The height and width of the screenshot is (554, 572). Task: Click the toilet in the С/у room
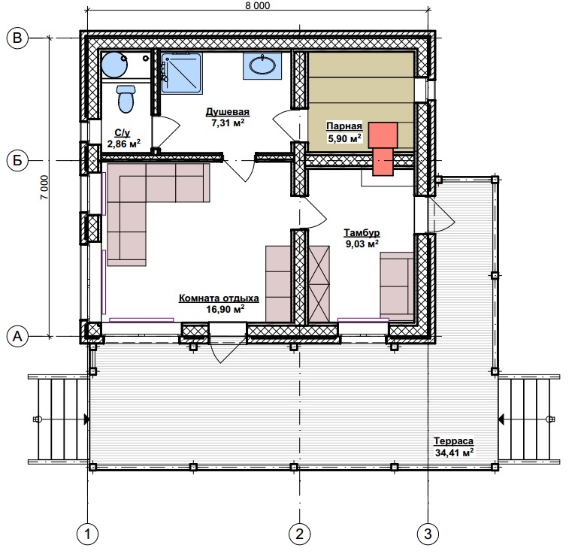126,98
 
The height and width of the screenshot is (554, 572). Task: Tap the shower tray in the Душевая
182,74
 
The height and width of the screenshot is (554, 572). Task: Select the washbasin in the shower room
262,65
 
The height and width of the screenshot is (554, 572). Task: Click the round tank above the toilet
114,65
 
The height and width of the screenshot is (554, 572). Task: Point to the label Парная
344,126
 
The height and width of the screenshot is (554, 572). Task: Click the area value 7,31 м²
228,123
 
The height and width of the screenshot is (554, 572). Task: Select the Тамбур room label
362,232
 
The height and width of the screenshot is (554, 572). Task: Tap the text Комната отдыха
219,298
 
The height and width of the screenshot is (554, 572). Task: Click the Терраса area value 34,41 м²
454,453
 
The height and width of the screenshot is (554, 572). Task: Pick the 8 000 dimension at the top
258,5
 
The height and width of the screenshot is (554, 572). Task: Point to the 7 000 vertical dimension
44,187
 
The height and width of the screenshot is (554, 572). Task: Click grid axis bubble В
17,38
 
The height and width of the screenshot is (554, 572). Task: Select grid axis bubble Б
17,160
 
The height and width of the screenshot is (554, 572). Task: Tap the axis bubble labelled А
17,336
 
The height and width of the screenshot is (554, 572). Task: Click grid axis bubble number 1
87,534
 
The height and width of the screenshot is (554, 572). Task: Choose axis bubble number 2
299,534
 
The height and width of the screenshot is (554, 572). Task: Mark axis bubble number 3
428,534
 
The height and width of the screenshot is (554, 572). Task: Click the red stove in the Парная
383,149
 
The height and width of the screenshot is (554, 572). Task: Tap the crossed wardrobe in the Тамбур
319,284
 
